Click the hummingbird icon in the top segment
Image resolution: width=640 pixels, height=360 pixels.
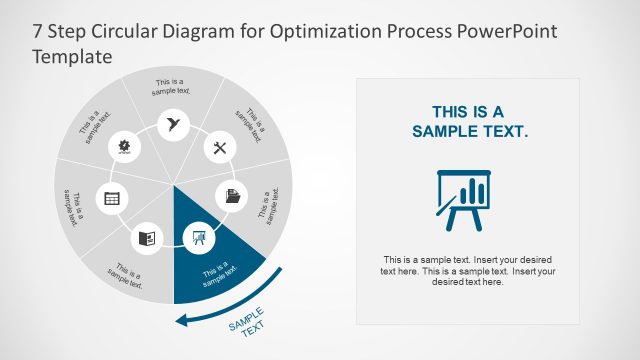pos(174,124)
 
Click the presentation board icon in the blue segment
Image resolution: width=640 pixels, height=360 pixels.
pos(196,238)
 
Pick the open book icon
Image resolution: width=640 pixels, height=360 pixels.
pos(147,238)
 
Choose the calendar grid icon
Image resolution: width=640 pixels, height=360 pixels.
pos(112,198)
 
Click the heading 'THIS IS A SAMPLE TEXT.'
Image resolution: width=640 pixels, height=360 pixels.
pos(467,121)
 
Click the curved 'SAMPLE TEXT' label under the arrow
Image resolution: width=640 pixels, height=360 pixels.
pos(246,324)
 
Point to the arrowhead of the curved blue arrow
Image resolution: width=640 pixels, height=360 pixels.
pos(180,320)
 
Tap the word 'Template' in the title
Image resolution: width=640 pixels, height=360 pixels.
pos(70,57)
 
